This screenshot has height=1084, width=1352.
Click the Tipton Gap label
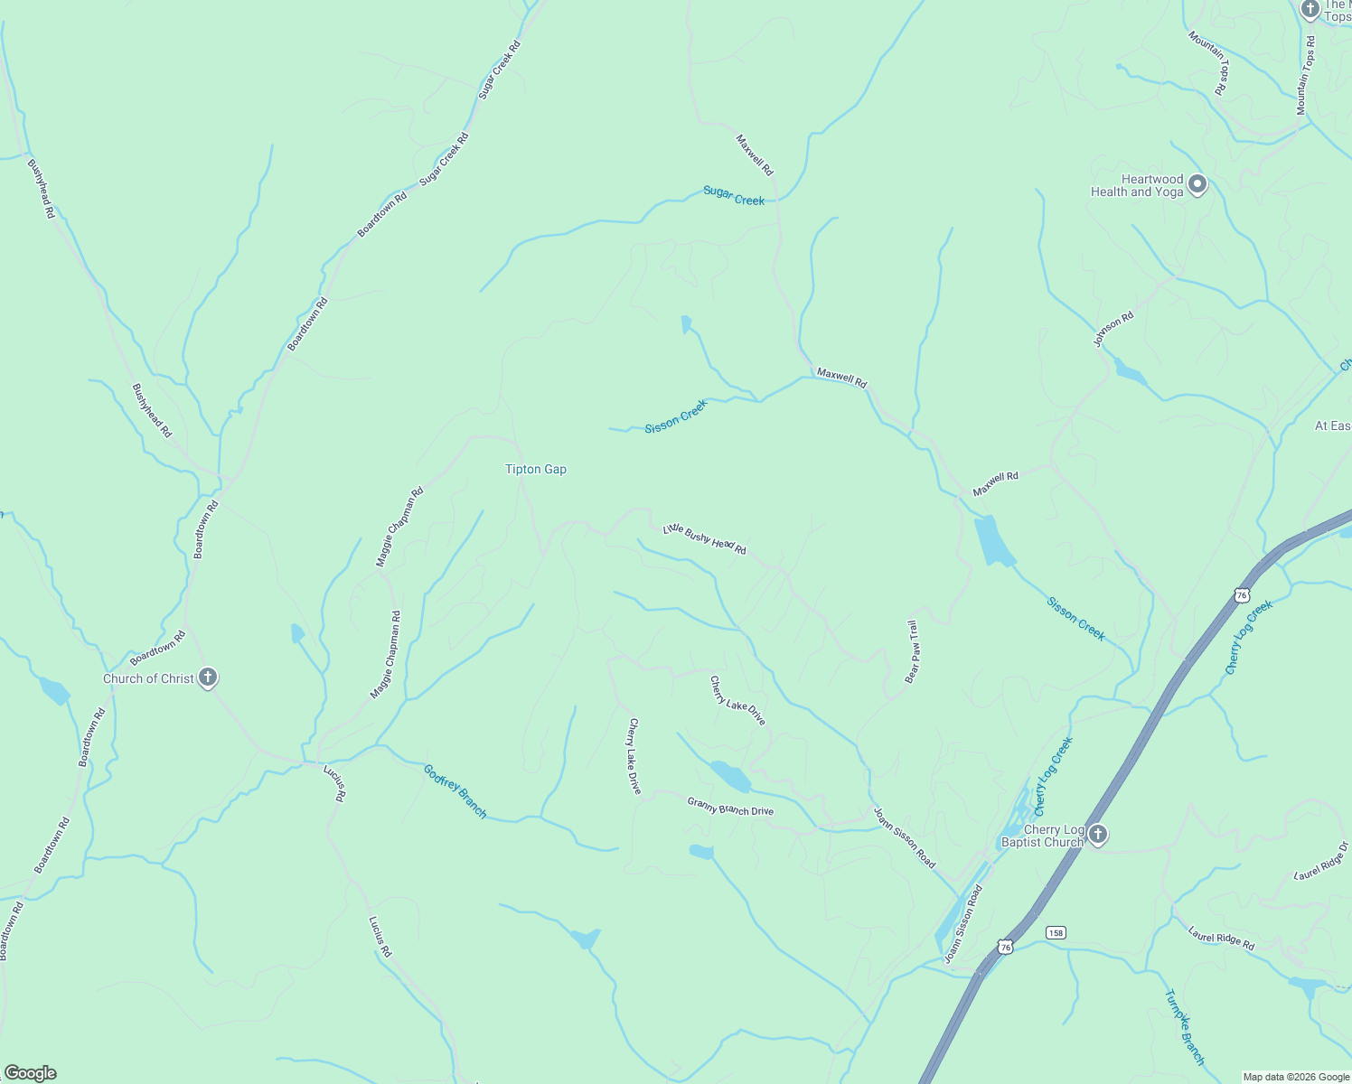pyautogui.click(x=536, y=469)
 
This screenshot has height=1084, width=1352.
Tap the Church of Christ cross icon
pyautogui.click(x=208, y=677)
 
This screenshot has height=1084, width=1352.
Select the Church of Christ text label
pyautogui.click(x=148, y=678)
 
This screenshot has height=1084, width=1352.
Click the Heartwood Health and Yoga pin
pyautogui.click(x=1197, y=185)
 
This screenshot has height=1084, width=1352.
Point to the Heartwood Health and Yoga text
pyautogui.click(x=1137, y=186)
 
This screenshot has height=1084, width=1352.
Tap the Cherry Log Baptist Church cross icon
pyautogui.click(x=1098, y=834)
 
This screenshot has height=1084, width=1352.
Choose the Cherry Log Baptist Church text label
pyautogui.click(x=1042, y=836)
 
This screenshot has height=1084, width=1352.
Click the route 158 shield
pyautogui.click(x=1056, y=932)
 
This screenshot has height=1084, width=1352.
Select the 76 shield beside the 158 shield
pyautogui.click(x=1006, y=947)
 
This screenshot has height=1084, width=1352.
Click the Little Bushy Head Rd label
pyautogui.click(x=705, y=539)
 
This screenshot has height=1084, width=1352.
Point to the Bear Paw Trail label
pyautogui.click(x=912, y=651)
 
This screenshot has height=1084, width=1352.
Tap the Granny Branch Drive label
pyautogui.click(x=730, y=806)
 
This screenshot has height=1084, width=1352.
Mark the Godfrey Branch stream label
pyautogui.click(x=455, y=791)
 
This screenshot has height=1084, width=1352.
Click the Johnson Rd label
pyautogui.click(x=1113, y=330)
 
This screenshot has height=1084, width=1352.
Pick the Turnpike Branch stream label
pyautogui.click(x=1184, y=1028)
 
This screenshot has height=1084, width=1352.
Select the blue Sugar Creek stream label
pyautogui.click(x=734, y=196)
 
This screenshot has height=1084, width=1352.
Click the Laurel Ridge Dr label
pyautogui.click(x=1321, y=861)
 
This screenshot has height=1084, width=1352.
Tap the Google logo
pyautogui.click(x=30, y=1073)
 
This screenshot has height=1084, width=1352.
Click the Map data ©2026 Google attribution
pyautogui.click(x=1295, y=1077)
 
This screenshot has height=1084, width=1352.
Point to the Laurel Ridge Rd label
pyautogui.click(x=1221, y=939)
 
